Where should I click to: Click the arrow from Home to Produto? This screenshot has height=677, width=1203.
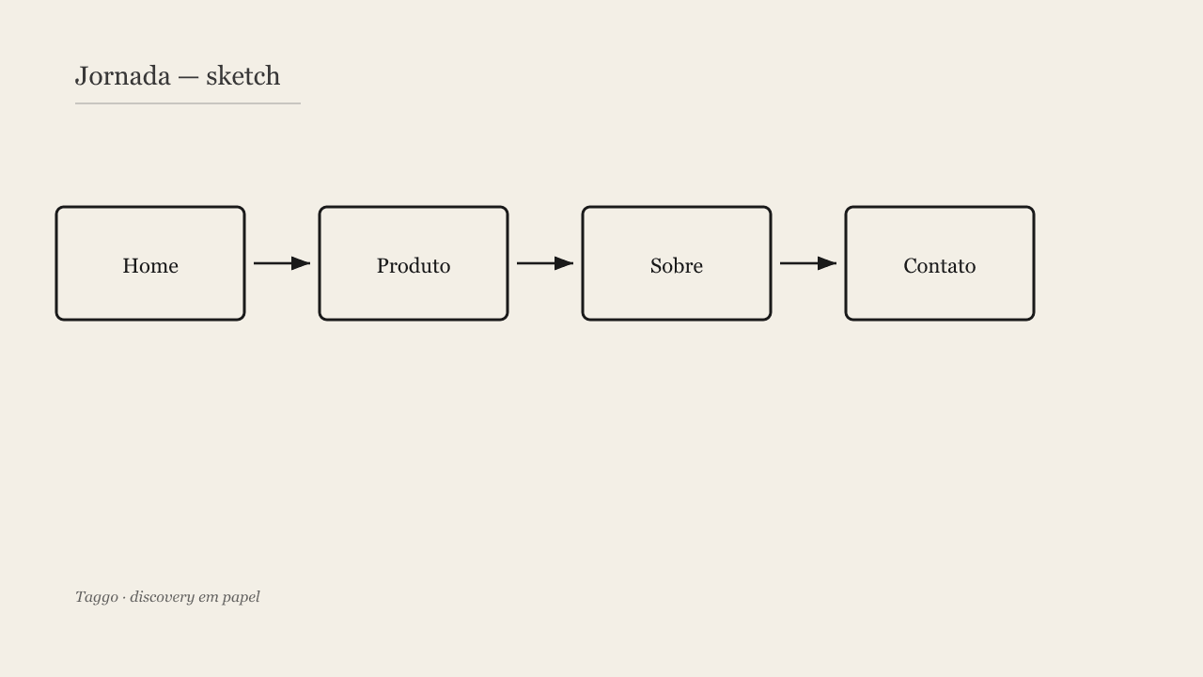[x=282, y=263]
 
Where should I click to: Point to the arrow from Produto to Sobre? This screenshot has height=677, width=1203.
[x=545, y=263]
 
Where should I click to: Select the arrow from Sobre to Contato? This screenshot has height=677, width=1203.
[x=808, y=263]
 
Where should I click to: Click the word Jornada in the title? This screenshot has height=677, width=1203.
[x=123, y=76]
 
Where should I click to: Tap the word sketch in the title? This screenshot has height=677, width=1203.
[x=242, y=76]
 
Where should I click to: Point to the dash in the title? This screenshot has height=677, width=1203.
[x=188, y=78]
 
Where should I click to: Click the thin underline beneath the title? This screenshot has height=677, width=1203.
[x=188, y=103]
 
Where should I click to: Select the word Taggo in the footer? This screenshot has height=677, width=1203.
[x=97, y=597]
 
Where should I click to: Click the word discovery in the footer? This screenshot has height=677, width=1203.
[x=162, y=597]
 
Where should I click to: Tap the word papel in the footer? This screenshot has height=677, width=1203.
[x=242, y=598]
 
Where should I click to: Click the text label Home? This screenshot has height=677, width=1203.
[x=150, y=266]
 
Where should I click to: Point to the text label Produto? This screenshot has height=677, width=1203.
[x=414, y=266]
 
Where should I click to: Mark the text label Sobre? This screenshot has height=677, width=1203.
[x=677, y=266]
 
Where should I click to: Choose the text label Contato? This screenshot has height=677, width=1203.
[x=940, y=266]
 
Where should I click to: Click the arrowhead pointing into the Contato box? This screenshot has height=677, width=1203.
[x=828, y=263]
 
